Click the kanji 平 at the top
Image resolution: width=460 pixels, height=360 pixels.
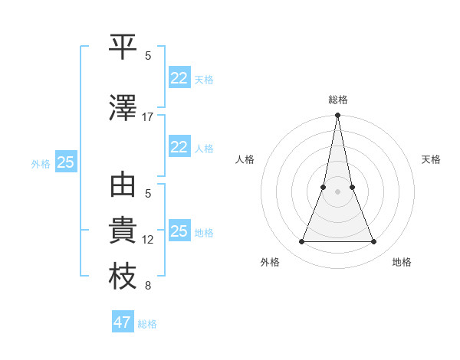pos(123,47)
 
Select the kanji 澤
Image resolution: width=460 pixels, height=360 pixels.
pos(123,108)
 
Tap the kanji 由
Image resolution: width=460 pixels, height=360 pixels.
pos(123,186)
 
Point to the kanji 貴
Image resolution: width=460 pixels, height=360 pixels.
pos(123,231)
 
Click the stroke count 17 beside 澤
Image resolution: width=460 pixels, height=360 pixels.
pos(148,117)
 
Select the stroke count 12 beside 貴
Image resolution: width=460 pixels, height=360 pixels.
pos(148,240)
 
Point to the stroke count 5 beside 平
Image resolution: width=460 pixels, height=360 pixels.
pos(148,56)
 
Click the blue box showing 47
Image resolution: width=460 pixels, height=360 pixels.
pos(123,322)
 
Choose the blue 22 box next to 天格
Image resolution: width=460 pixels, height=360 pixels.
pos(179,78)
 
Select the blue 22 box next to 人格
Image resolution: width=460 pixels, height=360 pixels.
pos(179,147)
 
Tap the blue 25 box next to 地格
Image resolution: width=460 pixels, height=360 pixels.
pos(179,231)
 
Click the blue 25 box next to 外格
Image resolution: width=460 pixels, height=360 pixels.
pos(66,162)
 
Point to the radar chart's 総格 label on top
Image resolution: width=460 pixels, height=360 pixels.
pos(338,100)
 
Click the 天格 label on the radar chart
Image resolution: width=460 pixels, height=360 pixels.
pos(432,159)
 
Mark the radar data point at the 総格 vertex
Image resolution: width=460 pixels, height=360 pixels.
pos(337,116)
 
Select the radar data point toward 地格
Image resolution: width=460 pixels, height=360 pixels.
pos(374,242)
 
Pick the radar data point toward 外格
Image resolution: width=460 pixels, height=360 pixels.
pos(301,242)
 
